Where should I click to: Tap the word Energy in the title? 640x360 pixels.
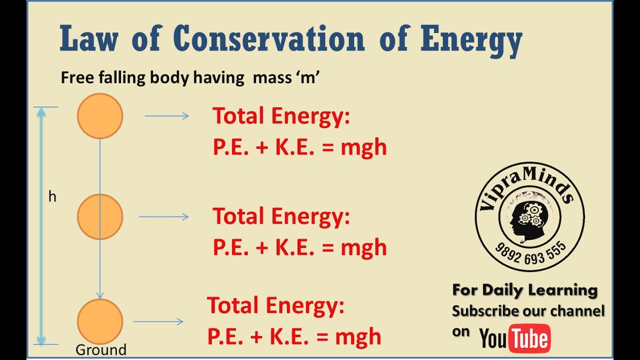pos(471,39)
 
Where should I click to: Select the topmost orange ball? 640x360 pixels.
pos(100,116)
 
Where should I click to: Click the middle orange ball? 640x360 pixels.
pos(100,216)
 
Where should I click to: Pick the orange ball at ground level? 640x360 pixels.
pos(100,321)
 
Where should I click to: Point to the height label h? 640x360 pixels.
pos(52,197)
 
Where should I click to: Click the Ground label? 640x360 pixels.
pos(100,349)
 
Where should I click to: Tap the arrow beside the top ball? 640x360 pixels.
pos(166,116)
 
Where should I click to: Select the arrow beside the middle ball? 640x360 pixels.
pos(163,216)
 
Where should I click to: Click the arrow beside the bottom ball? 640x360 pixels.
pos(158,321)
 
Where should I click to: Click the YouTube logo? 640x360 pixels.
pos(515,338)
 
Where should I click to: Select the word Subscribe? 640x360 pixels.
pos(485,311)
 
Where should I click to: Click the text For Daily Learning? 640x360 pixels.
pos(525,290)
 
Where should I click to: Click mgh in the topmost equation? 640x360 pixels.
pos(363,147)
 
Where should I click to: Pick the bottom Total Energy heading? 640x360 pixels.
pos(276,305)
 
